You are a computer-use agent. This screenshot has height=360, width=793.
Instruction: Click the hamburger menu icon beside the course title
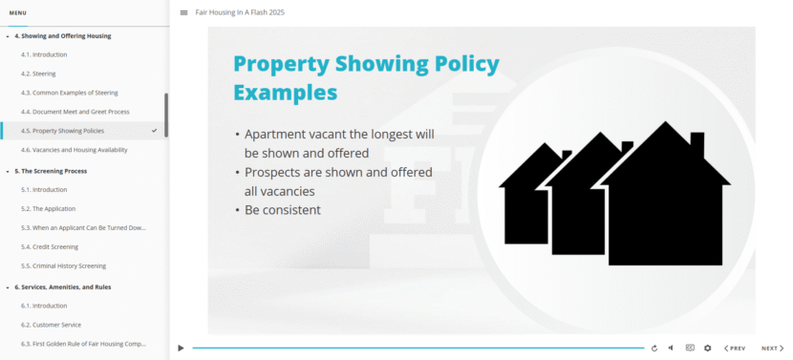point(183,12)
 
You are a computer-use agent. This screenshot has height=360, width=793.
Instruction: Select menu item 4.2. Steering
point(38,74)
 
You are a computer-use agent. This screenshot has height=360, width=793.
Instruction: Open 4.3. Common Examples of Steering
point(69,93)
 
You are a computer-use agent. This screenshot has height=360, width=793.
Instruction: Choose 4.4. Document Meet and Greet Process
point(75,112)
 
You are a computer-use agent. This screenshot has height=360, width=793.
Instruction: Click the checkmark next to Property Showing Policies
point(154,130)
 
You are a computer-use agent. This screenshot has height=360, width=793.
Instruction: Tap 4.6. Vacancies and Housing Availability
point(74,150)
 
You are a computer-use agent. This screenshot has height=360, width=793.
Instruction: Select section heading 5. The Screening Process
point(51,171)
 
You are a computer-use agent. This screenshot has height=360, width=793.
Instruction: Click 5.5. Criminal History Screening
point(63,265)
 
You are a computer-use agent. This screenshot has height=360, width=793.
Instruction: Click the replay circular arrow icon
point(654,349)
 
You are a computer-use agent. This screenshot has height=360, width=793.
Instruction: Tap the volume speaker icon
point(671,349)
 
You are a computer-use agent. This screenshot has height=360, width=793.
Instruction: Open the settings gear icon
point(708,349)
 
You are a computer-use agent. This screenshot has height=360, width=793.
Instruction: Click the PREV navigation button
point(735,349)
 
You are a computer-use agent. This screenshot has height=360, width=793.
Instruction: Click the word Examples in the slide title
point(285,93)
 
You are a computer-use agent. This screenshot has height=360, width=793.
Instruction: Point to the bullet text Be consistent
point(282,210)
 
